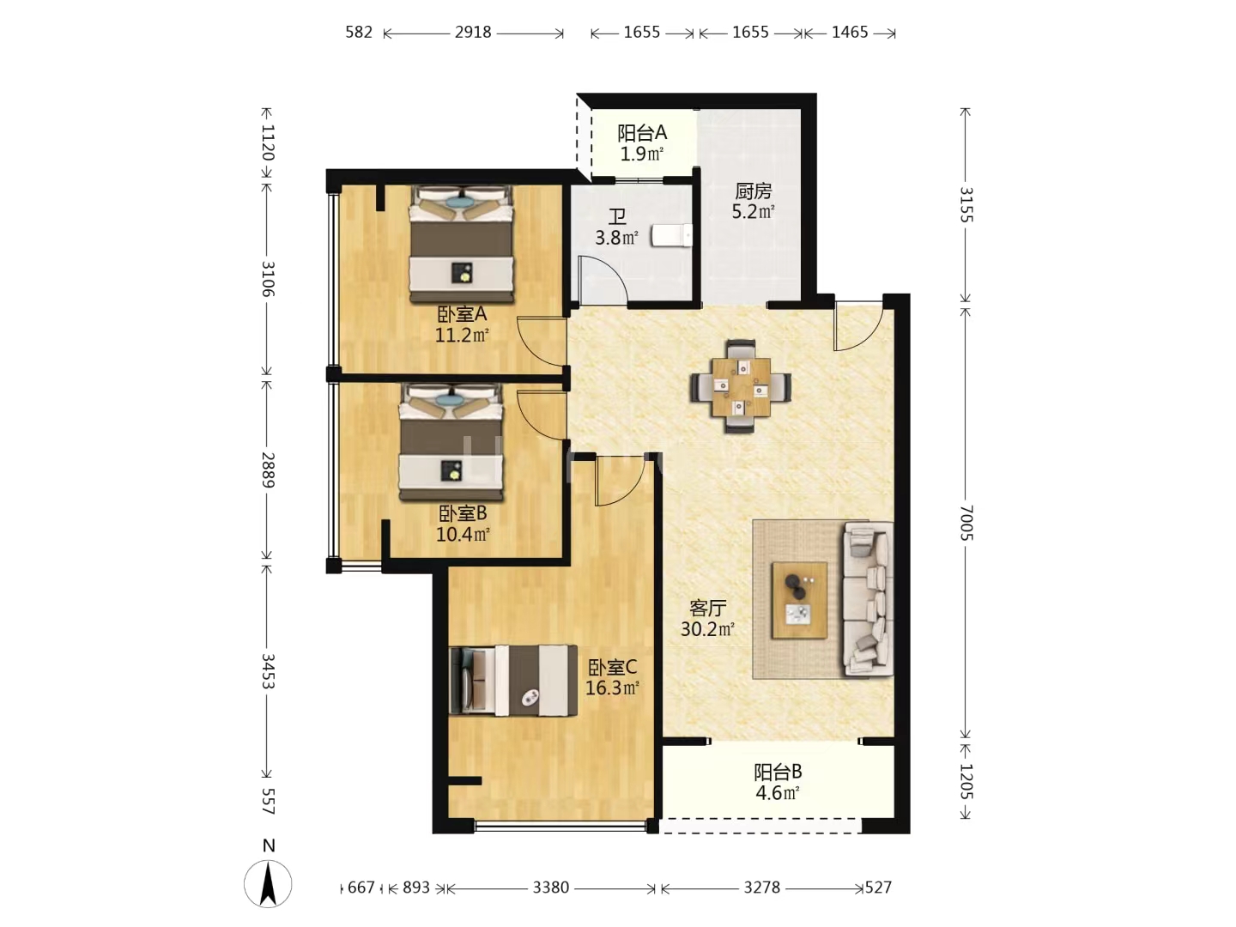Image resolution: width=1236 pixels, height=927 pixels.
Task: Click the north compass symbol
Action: coord(268,882)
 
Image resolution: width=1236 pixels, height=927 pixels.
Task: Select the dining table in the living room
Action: coord(741,386)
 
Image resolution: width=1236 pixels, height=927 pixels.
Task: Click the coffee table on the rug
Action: coord(799,600)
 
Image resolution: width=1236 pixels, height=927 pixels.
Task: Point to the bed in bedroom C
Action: coord(513,681)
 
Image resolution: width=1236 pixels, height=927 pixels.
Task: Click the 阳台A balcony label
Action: coord(642,133)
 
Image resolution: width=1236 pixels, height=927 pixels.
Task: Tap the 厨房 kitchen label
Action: coord(753,191)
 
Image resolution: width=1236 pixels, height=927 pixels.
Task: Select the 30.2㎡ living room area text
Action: coord(707,629)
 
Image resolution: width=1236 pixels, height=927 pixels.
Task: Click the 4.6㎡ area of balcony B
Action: coord(778,793)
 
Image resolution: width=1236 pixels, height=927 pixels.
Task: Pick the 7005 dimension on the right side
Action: coord(966,523)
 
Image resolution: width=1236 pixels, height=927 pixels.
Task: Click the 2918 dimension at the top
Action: coord(473,33)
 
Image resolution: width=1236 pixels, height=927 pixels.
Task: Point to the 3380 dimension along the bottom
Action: coord(551,888)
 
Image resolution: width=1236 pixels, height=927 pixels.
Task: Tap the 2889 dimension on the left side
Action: coord(268,470)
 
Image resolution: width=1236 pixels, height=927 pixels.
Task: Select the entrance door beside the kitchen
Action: coord(858,326)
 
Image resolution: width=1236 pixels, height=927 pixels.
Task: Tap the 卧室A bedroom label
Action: coord(462,313)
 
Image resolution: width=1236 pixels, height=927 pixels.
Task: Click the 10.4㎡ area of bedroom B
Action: coord(463,534)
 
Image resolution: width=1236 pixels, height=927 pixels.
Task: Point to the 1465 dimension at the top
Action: coord(850,33)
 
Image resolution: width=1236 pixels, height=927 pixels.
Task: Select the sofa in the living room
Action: coord(868,599)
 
